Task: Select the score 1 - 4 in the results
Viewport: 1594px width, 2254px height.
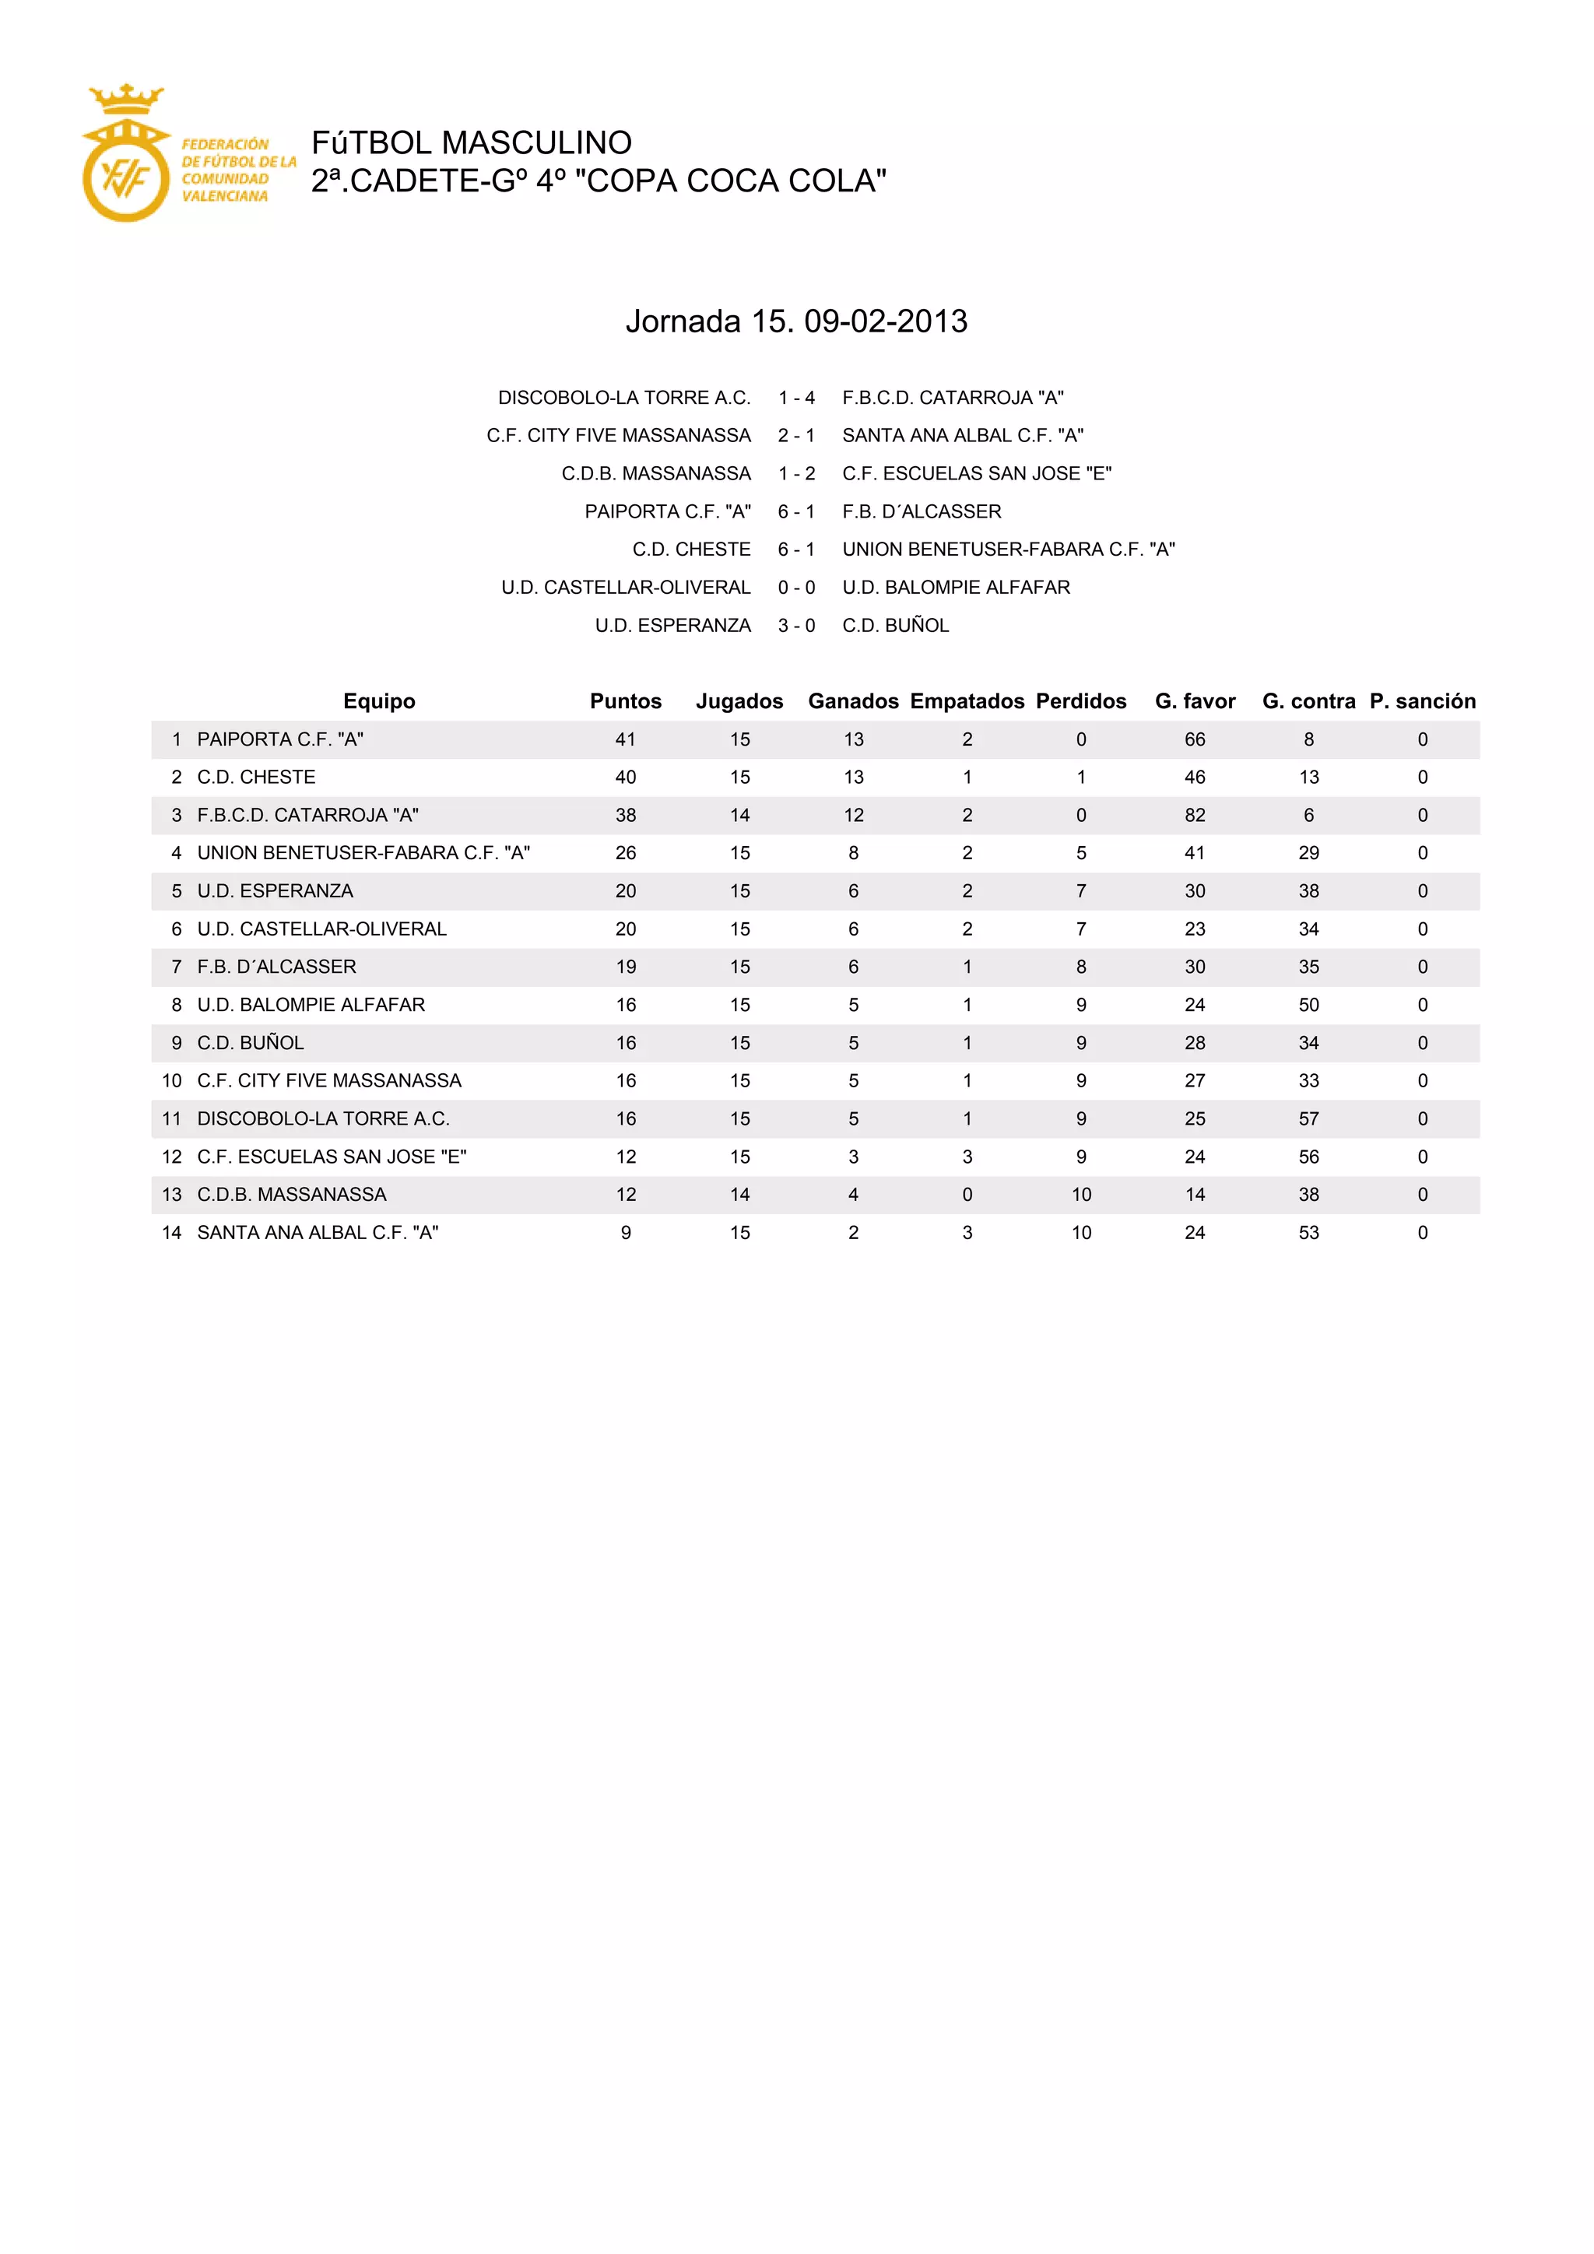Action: (796, 398)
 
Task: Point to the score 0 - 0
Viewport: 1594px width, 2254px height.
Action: (796, 587)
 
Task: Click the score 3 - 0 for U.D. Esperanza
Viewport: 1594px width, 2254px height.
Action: (796, 625)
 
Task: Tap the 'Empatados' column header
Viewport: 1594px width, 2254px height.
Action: (967, 701)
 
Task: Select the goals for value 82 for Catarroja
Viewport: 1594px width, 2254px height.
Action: (1195, 815)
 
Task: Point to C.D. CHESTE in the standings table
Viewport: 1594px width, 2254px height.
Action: (256, 778)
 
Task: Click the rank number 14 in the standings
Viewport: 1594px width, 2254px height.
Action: (172, 1233)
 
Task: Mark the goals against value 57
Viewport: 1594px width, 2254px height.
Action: (1308, 1119)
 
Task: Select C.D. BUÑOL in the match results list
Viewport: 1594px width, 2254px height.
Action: (895, 625)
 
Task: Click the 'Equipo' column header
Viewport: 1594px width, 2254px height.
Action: (379, 701)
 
